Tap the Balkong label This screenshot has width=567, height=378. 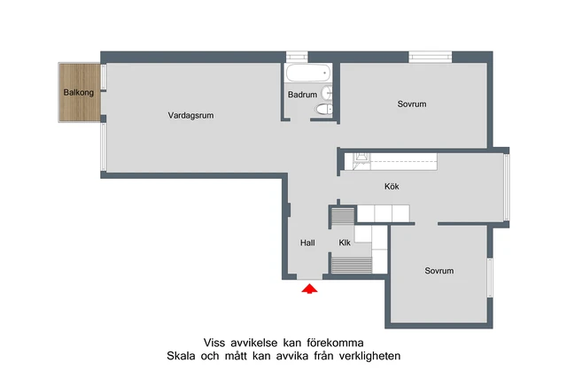[x=79, y=92]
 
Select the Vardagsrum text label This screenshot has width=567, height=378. [x=190, y=115]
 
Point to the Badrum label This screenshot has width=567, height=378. [x=302, y=95]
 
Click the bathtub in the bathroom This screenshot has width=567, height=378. [x=307, y=73]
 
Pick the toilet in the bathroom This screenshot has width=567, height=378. [x=323, y=110]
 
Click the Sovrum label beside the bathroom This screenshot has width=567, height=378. [x=412, y=104]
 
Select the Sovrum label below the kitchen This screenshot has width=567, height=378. [x=439, y=271]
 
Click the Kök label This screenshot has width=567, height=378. [x=392, y=187]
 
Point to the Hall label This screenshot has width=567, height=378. [x=307, y=243]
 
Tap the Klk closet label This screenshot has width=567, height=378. [x=345, y=243]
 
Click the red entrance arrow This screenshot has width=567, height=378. [x=308, y=290]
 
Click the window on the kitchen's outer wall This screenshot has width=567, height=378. [x=507, y=188]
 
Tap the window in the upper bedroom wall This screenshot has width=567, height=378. [x=430, y=58]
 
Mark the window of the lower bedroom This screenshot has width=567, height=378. [x=490, y=278]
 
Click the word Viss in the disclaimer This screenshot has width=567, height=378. [x=214, y=343]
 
